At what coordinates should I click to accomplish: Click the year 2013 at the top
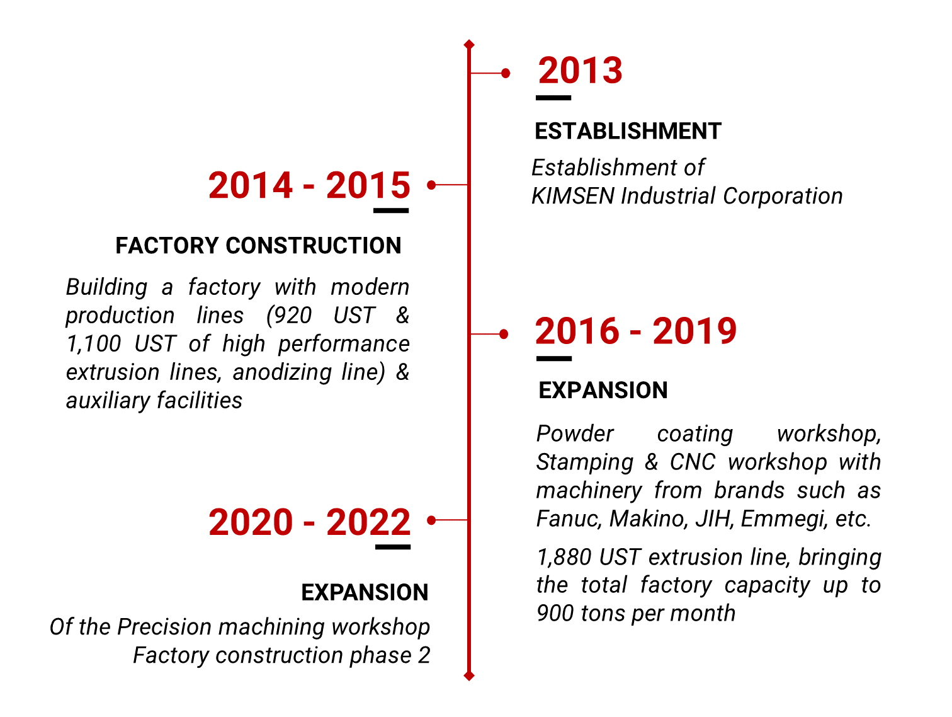click(580, 71)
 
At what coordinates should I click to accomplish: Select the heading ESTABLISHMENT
click(628, 131)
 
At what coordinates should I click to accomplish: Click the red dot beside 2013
click(505, 73)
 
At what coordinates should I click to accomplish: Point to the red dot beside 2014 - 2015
click(431, 185)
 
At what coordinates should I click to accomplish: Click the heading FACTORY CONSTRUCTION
click(259, 246)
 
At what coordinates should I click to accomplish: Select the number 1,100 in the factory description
click(94, 344)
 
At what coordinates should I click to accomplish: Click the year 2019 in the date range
click(694, 331)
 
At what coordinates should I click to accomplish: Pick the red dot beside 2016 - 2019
click(504, 334)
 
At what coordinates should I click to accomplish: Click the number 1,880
click(564, 557)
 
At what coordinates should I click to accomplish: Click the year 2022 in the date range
click(368, 522)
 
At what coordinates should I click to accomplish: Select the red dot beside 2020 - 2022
click(431, 520)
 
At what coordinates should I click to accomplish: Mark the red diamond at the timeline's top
click(469, 44)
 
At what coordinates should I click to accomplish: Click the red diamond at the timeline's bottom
click(469, 676)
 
